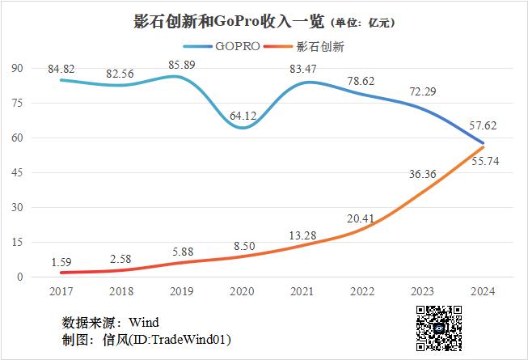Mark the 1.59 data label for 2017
(x=61, y=261)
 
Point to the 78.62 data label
(x=363, y=81)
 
